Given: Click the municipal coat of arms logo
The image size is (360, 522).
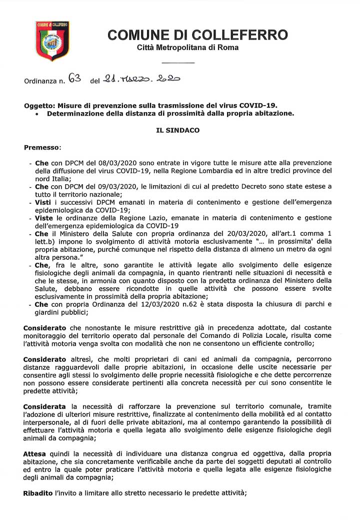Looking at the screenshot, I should pos(52,41).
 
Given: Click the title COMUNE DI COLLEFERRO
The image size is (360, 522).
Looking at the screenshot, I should pos(197,35).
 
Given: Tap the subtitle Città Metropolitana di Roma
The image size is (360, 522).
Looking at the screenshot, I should pos(187,48).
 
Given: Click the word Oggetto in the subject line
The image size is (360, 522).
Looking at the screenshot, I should pos(39,106).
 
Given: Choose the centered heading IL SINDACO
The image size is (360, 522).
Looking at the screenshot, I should pos(177,131).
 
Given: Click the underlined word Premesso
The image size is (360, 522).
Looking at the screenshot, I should pos(42,148).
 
